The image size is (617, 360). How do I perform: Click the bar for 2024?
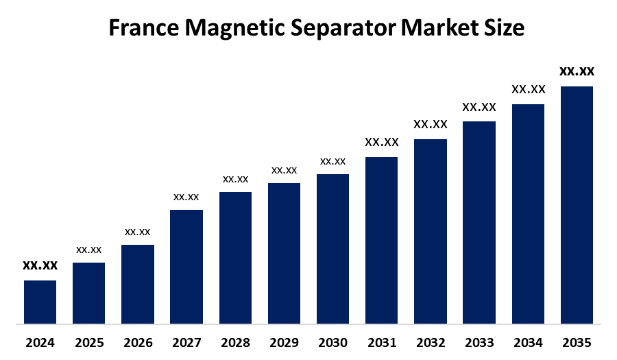click(x=40, y=302)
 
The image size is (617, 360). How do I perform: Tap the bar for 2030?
click(x=332, y=248)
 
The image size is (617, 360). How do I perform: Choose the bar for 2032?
click(x=431, y=231)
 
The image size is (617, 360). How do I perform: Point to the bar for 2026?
click(x=138, y=284)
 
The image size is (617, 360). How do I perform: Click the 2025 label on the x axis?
click(x=89, y=342)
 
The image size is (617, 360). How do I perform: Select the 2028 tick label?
click(x=235, y=342)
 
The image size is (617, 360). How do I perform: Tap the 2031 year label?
click(x=382, y=342)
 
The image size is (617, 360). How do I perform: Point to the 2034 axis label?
click(x=528, y=342)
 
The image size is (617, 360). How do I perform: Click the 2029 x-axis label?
click(x=284, y=342)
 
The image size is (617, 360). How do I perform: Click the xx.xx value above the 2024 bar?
click(x=40, y=265)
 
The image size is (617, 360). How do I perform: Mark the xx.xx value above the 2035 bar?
click(x=577, y=71)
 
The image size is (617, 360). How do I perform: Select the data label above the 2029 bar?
click(x=284, y=170)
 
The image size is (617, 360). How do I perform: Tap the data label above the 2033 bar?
click(x=479, y=107)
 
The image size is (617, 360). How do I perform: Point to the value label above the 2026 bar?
click(x=138, y=232)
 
